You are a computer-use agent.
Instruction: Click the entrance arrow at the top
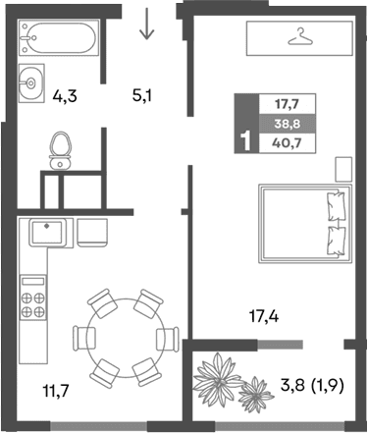pyautogui.click(x=147, y=24)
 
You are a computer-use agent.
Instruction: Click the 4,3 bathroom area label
pyautogui.click(x=66, y=97)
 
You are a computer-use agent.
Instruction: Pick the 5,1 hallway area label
pyautogui.click(x=144, y=96)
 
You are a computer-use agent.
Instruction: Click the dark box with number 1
pyautogui.click(x=243, y=140)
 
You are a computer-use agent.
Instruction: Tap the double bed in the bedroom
pyautogui.click(x=304, y=224)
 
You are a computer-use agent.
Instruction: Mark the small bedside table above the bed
pyautogui.click(x=342, y=168)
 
